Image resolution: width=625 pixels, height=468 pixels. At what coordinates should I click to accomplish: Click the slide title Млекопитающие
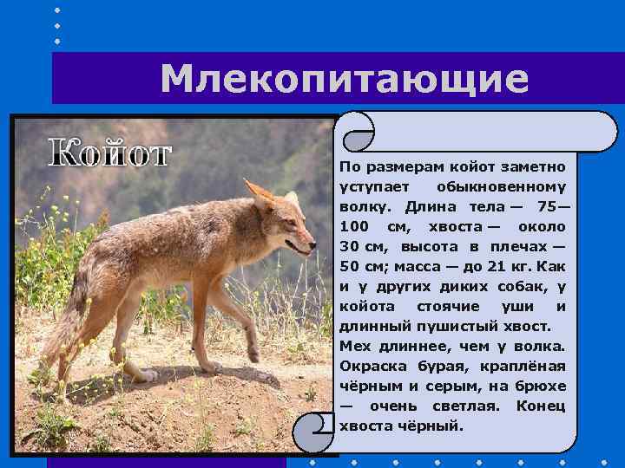click(x=344, y=80)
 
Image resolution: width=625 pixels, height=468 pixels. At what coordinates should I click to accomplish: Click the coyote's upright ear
click(x=258, y=194)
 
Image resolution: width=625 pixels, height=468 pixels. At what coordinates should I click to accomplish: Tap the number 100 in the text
click(x=356, y=227)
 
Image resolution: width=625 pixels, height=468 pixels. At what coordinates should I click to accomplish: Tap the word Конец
click(x=541, y=406)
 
